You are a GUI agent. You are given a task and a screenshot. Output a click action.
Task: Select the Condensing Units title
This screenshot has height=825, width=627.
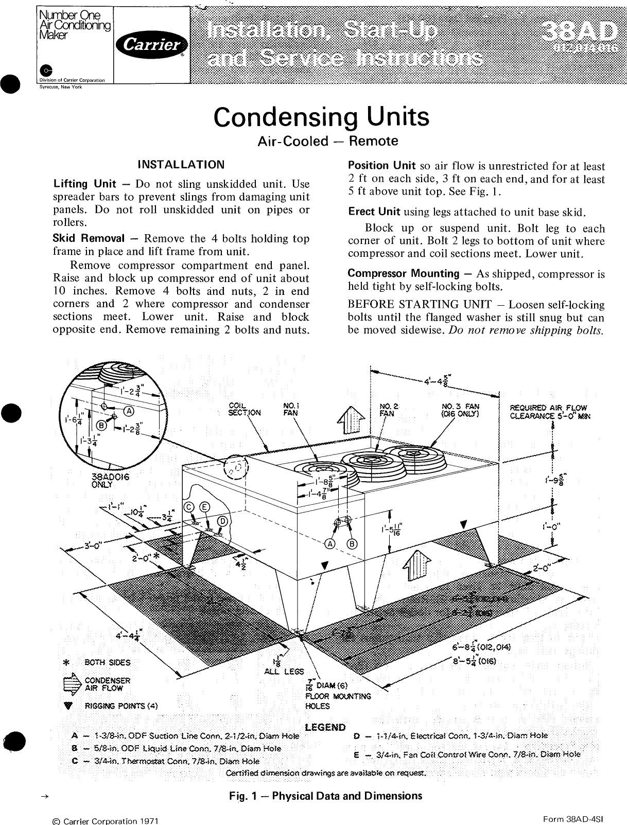[321, 117]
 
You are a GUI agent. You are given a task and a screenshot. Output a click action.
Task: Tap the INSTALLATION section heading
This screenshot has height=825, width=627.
[181, 165]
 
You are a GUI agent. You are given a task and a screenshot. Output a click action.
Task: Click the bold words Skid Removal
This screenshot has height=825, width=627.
[89, 238]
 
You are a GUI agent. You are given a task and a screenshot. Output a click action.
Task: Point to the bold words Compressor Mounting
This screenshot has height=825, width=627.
[404, 273]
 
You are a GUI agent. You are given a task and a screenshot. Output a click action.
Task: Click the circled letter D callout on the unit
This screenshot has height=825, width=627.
[222, 521]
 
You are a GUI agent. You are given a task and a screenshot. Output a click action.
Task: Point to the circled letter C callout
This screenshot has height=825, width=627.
[189, 506]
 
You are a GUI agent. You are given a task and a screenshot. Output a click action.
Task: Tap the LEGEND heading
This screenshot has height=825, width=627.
[325, 727]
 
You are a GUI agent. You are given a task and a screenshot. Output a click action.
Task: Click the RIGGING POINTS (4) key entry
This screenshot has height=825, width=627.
[120, 706]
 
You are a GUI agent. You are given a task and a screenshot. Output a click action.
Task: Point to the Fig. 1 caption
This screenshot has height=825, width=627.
[325, 796]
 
